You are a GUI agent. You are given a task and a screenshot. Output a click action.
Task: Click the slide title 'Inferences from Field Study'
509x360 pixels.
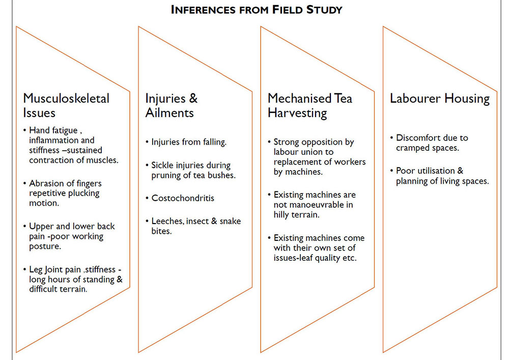pos(256,9)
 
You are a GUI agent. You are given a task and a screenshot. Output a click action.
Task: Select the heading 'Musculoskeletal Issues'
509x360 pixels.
pos(66,105)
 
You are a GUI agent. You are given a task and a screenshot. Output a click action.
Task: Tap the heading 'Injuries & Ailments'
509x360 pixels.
pos(172,105)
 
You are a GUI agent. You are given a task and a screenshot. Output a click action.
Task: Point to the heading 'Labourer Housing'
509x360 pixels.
pos(439,98)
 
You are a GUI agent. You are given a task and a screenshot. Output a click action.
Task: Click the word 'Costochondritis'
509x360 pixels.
pos(183,198)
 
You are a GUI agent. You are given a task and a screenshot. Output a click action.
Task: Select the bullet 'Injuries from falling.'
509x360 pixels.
pos(189,142)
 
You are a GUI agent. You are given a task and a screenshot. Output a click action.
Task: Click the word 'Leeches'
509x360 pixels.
pos(167,221)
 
